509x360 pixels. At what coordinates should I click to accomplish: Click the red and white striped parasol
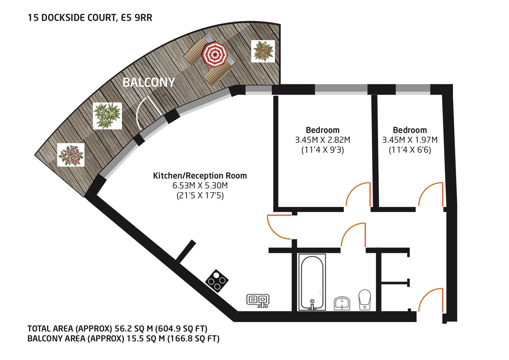click(215, 54)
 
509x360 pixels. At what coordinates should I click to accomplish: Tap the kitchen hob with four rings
click(217, 281)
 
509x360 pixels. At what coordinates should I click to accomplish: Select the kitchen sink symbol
click(258, 301)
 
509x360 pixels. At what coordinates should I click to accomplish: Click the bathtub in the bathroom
click(312, 282)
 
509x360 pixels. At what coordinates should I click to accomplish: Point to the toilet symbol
click(365, 300)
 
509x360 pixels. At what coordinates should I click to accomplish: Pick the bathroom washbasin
click(342, 303)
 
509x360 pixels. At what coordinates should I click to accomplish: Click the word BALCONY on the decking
click(149, 82)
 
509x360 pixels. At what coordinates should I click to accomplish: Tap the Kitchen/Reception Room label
click(200, 176)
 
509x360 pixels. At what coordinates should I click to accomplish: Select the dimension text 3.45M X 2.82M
click(322, 140)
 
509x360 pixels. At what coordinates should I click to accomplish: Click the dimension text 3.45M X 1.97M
click(410, 140)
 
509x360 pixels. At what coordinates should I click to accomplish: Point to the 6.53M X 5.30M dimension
click(200, 186)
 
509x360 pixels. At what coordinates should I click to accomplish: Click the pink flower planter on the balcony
click(71, 155)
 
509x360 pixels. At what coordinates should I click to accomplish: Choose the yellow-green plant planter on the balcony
click(107, 116)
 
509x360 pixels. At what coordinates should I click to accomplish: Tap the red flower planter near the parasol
click(263, 51)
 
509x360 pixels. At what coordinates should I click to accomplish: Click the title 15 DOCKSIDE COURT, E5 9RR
click(90, 18)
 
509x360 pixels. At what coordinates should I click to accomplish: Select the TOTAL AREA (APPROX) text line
click(117, 329)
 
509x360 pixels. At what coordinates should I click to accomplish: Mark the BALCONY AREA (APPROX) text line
click(123, 339)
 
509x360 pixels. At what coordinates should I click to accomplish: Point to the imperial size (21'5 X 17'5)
click(200, 196)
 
